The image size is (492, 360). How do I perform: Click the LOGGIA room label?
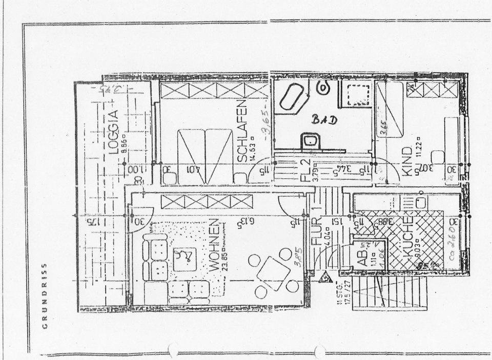pyautogui.click(x=114, y=132)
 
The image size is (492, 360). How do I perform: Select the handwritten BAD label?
pyautogui.click(x=325, y=120)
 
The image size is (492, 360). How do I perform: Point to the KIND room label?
pyautogui.click(x=407, y=161)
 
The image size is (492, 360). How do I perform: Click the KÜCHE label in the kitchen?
pyautogui.click(x=408, y=237)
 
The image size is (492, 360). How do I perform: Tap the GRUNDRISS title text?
pyautogui.click(x=45, y=295)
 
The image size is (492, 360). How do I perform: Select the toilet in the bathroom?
pyautogui.click(x=323, y=88)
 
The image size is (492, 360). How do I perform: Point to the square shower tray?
pyautogui.click(x=357, y=94)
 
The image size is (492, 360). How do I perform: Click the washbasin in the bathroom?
pyautogui.click(x=311, y=140)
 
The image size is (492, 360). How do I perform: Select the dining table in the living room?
pyautogui.click(x=273, y=271)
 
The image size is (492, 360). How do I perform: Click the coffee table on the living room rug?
pyautogui.click(x=184, y=259)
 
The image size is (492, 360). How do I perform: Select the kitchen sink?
pyautogui.click(x=420, y=202)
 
